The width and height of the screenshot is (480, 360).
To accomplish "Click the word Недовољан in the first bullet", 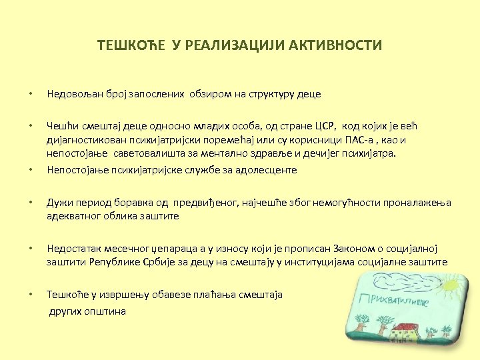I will click(x=73, y=94).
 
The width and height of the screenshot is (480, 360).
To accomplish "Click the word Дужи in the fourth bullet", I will click(x=59, y=202).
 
